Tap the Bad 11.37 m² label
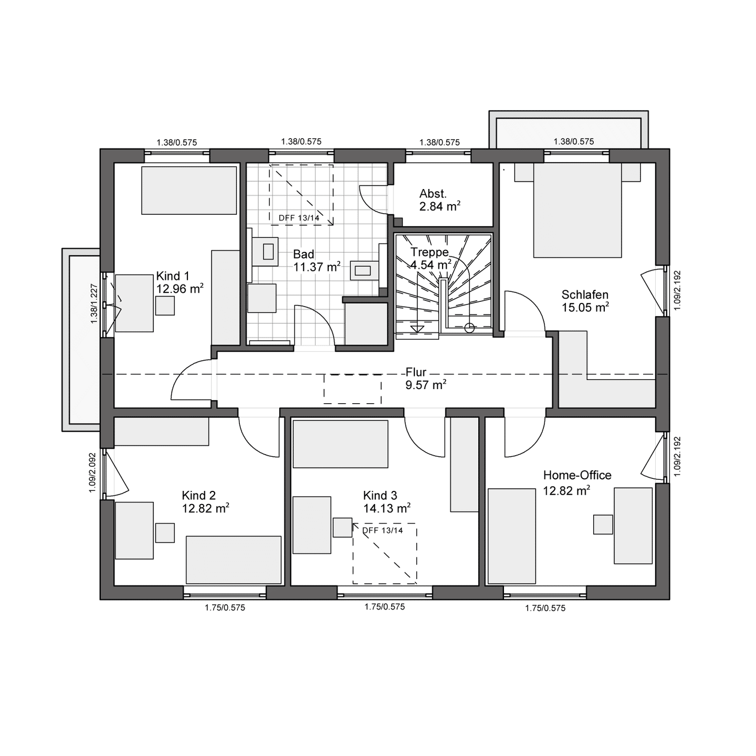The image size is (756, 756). pyautogui.click(x=317, y=260)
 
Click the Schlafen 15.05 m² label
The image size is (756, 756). pyautogui.click(x=585, y=301)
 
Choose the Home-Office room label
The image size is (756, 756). pyautogui.click(x=577, y=475)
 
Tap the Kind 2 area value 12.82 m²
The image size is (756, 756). pyautogui.click(x=206, y=508)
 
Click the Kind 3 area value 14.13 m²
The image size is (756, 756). pyautogui.click(x=387, y=508)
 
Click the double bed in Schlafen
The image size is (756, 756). pyautogui.click(x=577, y=211)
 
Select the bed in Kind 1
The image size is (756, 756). pyautogui.click(x=189, y=190)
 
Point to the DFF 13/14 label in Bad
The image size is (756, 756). pyautogui.click(x=299, y=218)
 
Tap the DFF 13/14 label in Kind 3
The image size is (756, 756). pyautogui.click(x=383, y=531)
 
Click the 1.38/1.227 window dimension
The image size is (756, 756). pyautogui.click(x=94, y=303)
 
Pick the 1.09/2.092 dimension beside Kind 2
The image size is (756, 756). pyautogui.click(x=92, y=472)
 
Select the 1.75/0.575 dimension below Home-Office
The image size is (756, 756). pyautogui.click(x=545, y=608)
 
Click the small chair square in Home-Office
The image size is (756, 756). pyautogui.click(x=603, y=524)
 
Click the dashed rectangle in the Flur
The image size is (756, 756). pyautogui.click(x=352, y=389)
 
